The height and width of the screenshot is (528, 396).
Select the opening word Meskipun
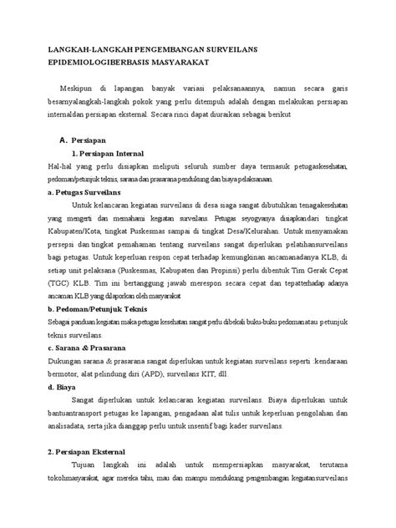tap(78, 88)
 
